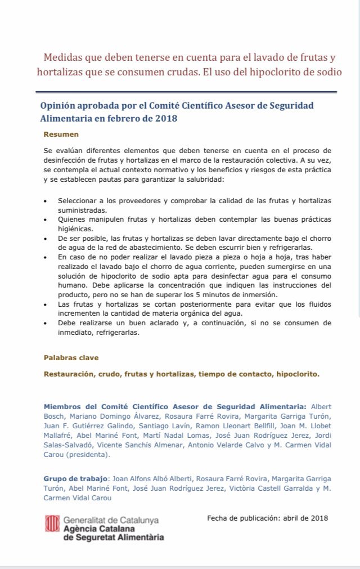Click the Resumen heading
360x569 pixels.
61,135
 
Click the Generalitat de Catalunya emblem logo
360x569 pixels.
52,523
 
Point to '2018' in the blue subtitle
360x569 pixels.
167,118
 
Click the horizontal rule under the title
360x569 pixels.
186,92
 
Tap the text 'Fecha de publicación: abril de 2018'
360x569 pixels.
267,518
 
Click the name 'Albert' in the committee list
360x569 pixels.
321,406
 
